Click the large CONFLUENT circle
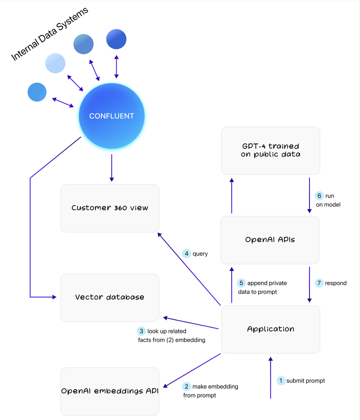coord(112,116)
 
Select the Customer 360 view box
coord(110,208)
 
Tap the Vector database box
coord(110,298)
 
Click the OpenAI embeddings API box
coord(110,391)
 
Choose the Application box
coord(271,329)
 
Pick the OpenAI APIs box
coord(270,240)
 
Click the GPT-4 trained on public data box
coord(271,151)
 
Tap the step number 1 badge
coord(281,381)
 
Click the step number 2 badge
coord(186,386)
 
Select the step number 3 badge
coord(141,331)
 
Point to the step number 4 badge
coord(186,253)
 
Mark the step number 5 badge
coord(241,283)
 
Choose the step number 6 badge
coord(319,196)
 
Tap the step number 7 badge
coord(319,283)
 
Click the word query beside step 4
coord(200,254)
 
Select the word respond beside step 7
coord(336,283)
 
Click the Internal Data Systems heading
coord(49,34)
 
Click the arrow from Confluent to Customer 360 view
coord(112,167)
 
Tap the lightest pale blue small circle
coord(55,63)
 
